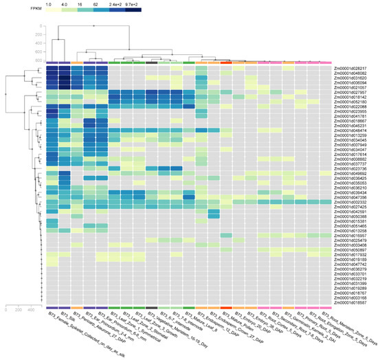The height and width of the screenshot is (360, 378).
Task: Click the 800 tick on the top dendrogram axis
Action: pos(37,59)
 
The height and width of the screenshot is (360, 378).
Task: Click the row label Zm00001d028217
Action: pos(351,69)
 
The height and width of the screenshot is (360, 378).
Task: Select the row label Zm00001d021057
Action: pos(351,88)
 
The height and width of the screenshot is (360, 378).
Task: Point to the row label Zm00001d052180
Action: pos(351,102)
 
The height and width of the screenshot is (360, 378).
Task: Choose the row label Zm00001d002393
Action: pos(351,202)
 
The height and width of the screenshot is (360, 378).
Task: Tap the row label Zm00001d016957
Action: pos(351,235)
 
